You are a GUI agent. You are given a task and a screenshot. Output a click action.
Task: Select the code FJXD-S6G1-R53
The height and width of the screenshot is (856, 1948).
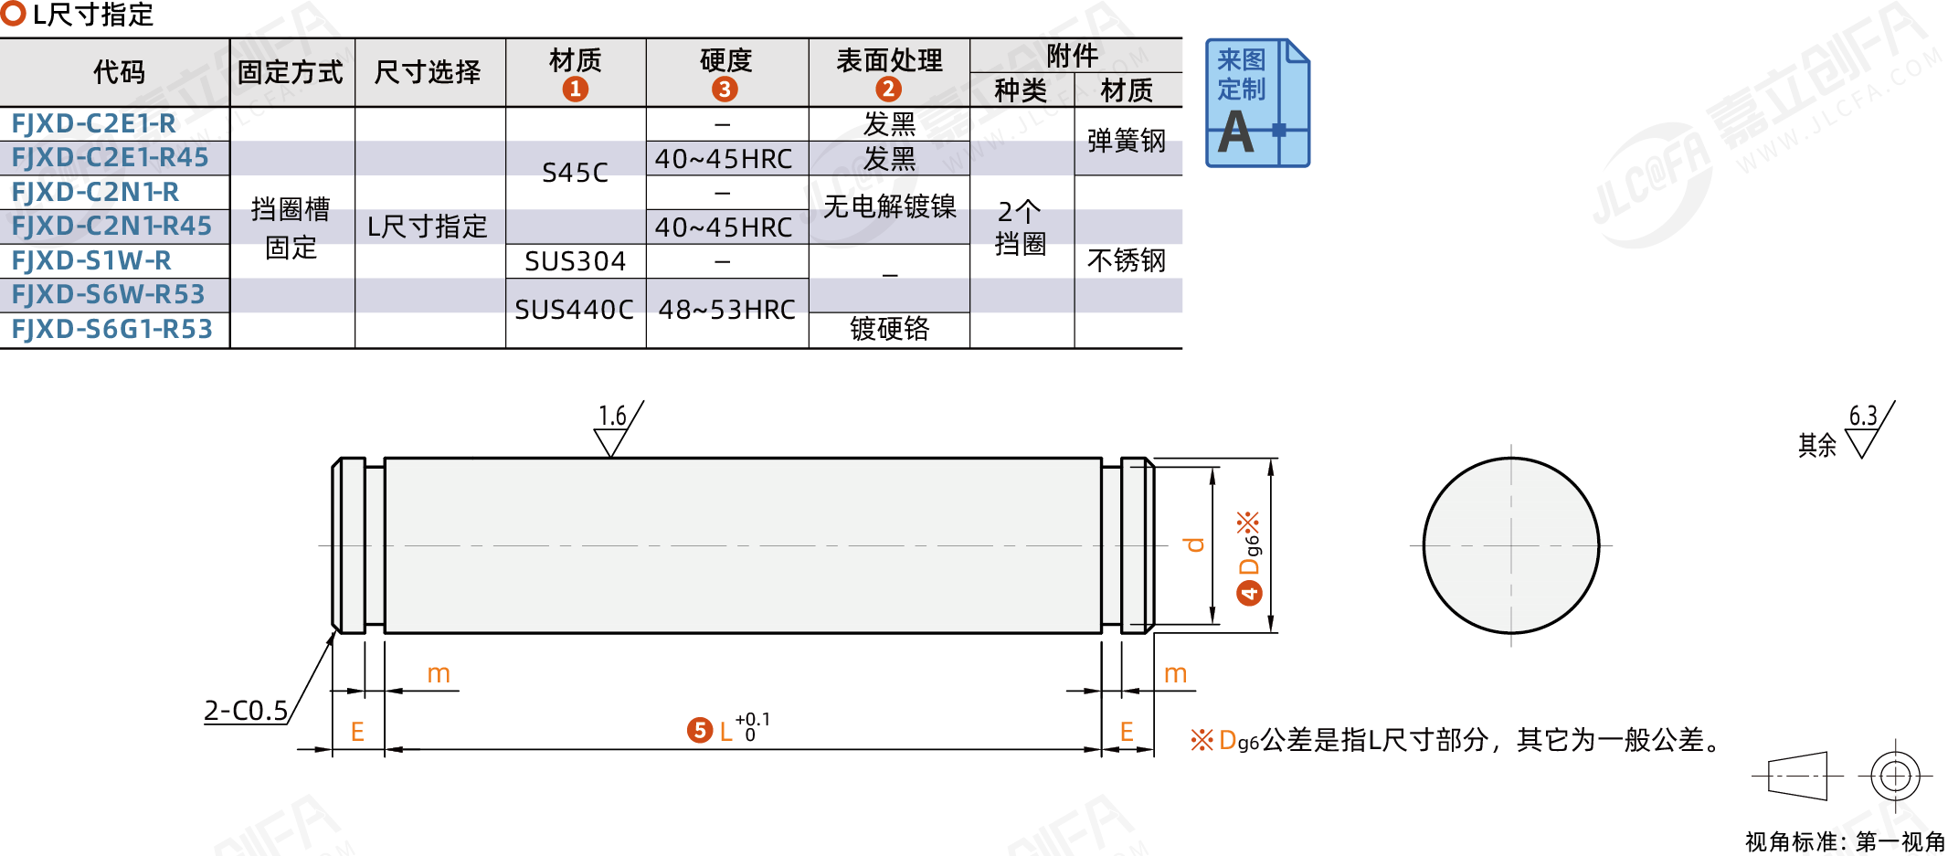pos(111,329)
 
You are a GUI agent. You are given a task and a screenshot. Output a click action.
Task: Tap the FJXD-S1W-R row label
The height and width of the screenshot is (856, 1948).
pos(91,261)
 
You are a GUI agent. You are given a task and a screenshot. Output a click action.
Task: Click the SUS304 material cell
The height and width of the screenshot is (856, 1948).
pos(575,262)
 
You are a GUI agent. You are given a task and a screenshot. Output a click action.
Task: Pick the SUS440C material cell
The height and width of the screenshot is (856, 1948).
pos(574,311)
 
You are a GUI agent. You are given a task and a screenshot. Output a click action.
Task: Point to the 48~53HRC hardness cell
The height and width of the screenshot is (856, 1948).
pos(726,311)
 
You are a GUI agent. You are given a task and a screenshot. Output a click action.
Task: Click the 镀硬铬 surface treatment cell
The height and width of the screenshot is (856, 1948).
pos(889,329)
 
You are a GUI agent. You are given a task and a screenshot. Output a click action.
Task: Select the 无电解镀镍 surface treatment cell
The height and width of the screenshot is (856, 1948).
pos(889,207)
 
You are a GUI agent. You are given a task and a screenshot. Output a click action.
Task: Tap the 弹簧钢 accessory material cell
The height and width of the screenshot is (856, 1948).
pos(1127,141)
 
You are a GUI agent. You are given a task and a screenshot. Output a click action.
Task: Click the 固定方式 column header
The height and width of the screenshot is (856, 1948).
pos(291,72)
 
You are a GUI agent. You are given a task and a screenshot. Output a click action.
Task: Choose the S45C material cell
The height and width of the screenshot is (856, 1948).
pos(575,173)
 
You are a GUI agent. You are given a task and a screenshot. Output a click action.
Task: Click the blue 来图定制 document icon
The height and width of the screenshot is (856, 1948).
pos(1256,103)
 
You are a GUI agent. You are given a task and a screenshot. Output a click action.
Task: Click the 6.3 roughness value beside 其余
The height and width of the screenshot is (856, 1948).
pos(1863,417)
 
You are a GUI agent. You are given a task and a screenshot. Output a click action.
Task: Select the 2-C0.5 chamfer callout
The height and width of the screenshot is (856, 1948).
pos(246,711)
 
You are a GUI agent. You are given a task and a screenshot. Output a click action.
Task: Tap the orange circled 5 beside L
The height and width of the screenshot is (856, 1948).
pos(699,730)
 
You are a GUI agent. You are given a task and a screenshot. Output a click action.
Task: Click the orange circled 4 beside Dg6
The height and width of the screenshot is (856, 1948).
pos(1248,594)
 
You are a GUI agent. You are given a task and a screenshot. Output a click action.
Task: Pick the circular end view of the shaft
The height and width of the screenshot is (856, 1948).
pos(1510,545)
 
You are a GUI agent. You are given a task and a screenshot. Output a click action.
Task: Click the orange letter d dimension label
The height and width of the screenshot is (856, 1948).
pos(1193,545)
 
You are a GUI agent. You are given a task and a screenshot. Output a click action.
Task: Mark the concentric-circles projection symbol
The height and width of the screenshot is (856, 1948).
pos(1895,776)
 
